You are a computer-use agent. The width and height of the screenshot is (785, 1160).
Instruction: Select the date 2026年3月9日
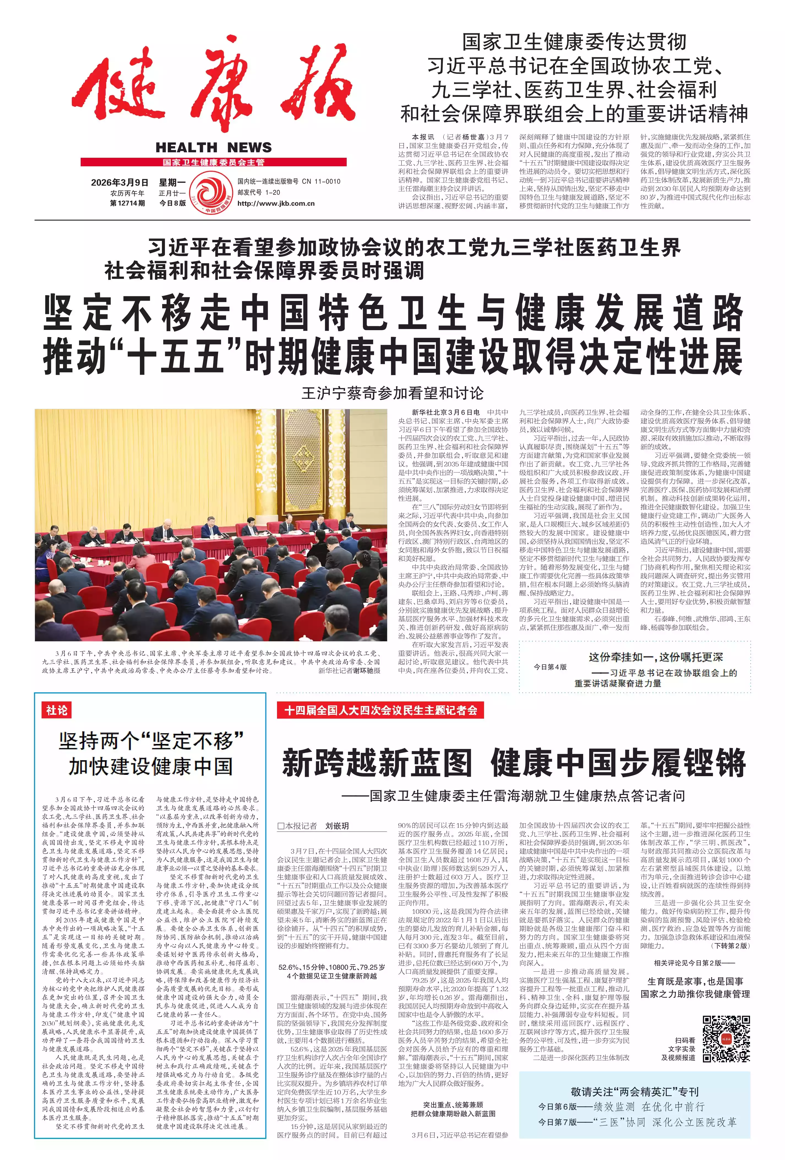coord(120,182)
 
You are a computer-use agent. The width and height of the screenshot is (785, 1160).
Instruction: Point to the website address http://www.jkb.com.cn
coord(276,203)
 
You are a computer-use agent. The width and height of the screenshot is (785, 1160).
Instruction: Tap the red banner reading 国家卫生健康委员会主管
coord(214,162)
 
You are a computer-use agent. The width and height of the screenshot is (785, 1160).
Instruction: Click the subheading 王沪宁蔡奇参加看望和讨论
coord(392,393)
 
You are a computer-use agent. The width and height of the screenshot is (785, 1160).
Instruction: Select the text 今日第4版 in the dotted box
coord(550,667)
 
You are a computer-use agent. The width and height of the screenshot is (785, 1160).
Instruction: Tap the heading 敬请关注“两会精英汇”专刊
coord(634,1091)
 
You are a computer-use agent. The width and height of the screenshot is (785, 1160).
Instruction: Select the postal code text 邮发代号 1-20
coord(259,192)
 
